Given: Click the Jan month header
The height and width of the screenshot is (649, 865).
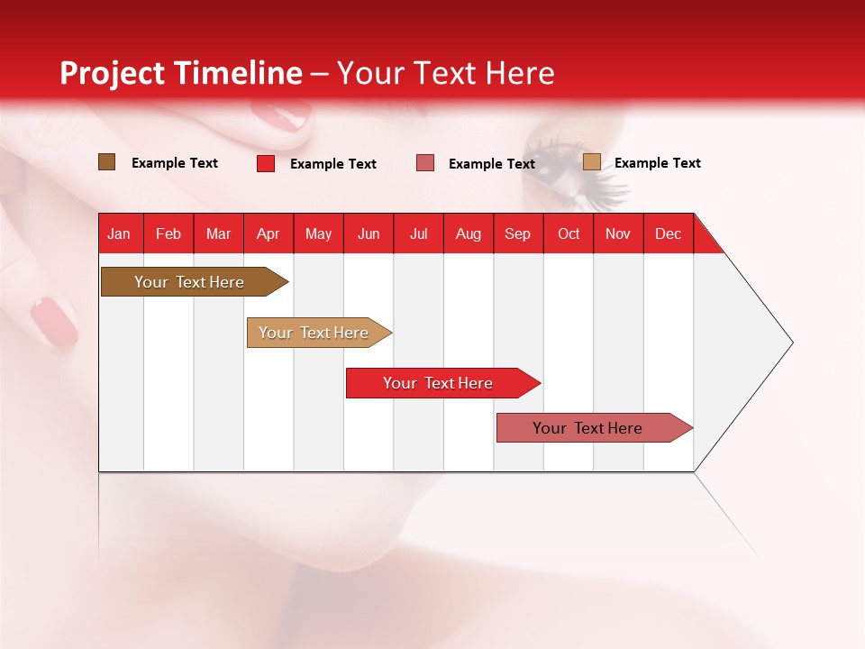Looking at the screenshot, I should click(119, 233).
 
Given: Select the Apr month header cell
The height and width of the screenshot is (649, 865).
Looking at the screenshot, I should click(269, 233).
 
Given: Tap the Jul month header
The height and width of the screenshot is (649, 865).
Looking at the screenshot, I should click(418, 233).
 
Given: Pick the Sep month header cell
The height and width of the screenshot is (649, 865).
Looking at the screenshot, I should click(517, 233).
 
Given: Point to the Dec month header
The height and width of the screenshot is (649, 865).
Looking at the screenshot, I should click(668, 233).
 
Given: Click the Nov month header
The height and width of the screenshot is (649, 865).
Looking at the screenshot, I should click(617, 233).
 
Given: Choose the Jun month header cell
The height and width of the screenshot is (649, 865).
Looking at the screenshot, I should click(369, 233).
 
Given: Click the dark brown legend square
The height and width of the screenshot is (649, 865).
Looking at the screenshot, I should click(107, 162).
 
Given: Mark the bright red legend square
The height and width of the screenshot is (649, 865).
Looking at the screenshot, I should click(266, 163).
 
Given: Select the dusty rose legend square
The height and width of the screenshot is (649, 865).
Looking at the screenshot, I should click(425, 162).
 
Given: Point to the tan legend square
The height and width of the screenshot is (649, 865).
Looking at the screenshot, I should click(592, 162).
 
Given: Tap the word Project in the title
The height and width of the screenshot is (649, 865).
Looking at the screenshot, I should click(112, 73).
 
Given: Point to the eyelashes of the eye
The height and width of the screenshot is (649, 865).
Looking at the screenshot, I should click(590, 176).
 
